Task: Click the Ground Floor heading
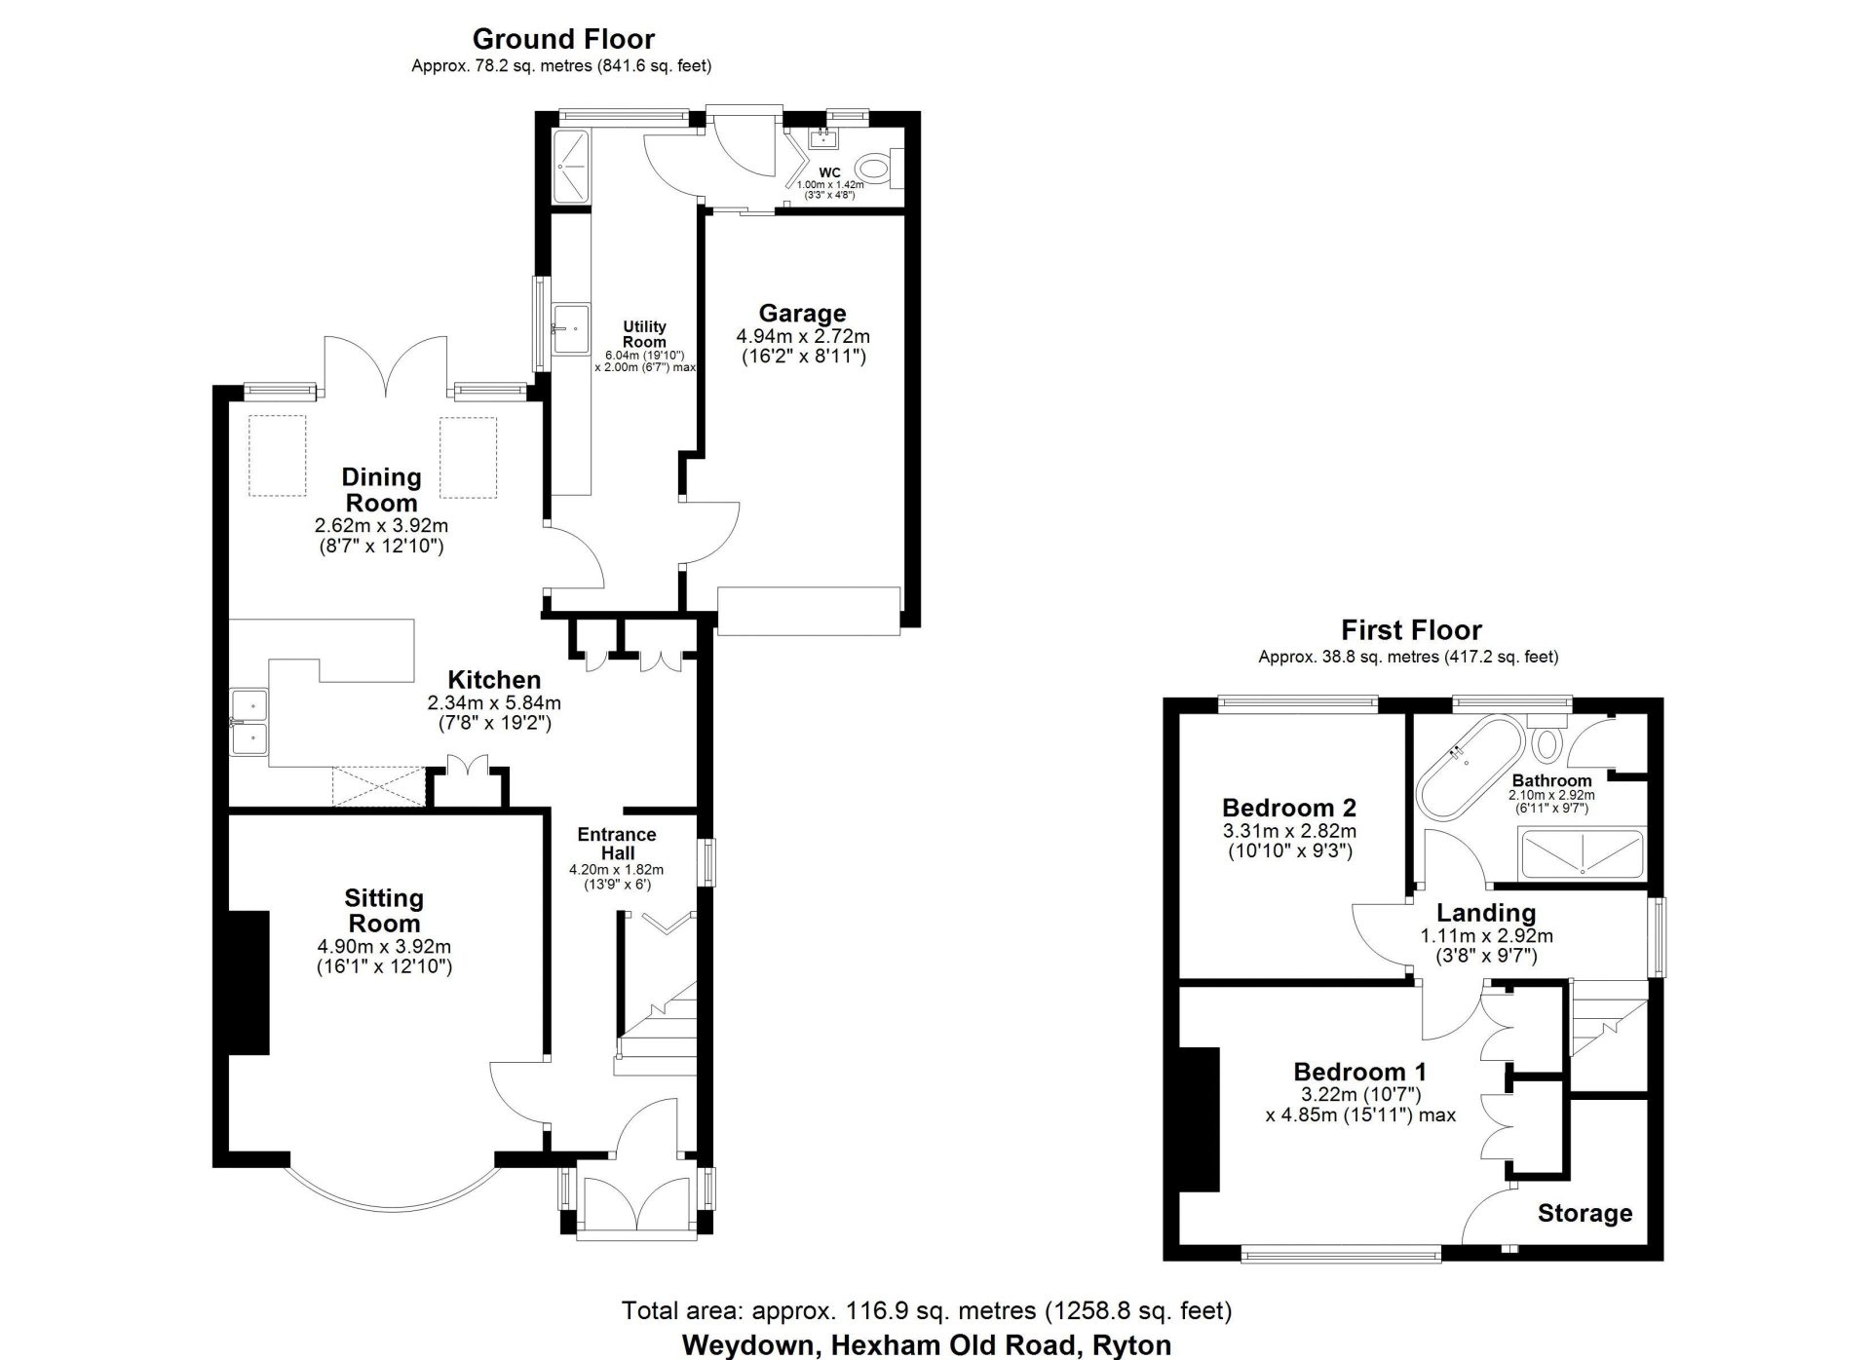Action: click(563, 39)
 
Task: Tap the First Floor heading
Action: click(1411, 629)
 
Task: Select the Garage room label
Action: click(802, 313)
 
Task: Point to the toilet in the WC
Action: click(878, 168)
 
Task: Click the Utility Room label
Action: click(644, 334)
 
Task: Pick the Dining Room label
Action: click(381, 490)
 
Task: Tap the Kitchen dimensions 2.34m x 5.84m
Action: click(494, 702)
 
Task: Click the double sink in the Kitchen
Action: click(250, 722)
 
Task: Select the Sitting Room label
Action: click(384, 910)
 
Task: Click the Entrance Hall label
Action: click(617, 844)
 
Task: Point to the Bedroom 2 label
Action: click(1289, 808)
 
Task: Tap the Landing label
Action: click(1486, 913)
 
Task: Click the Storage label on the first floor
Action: click(1585, 1213)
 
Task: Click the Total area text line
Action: click(927, 1311)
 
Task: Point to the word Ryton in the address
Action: click(1131, 1345)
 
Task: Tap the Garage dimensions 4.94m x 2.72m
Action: click(803, 336)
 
